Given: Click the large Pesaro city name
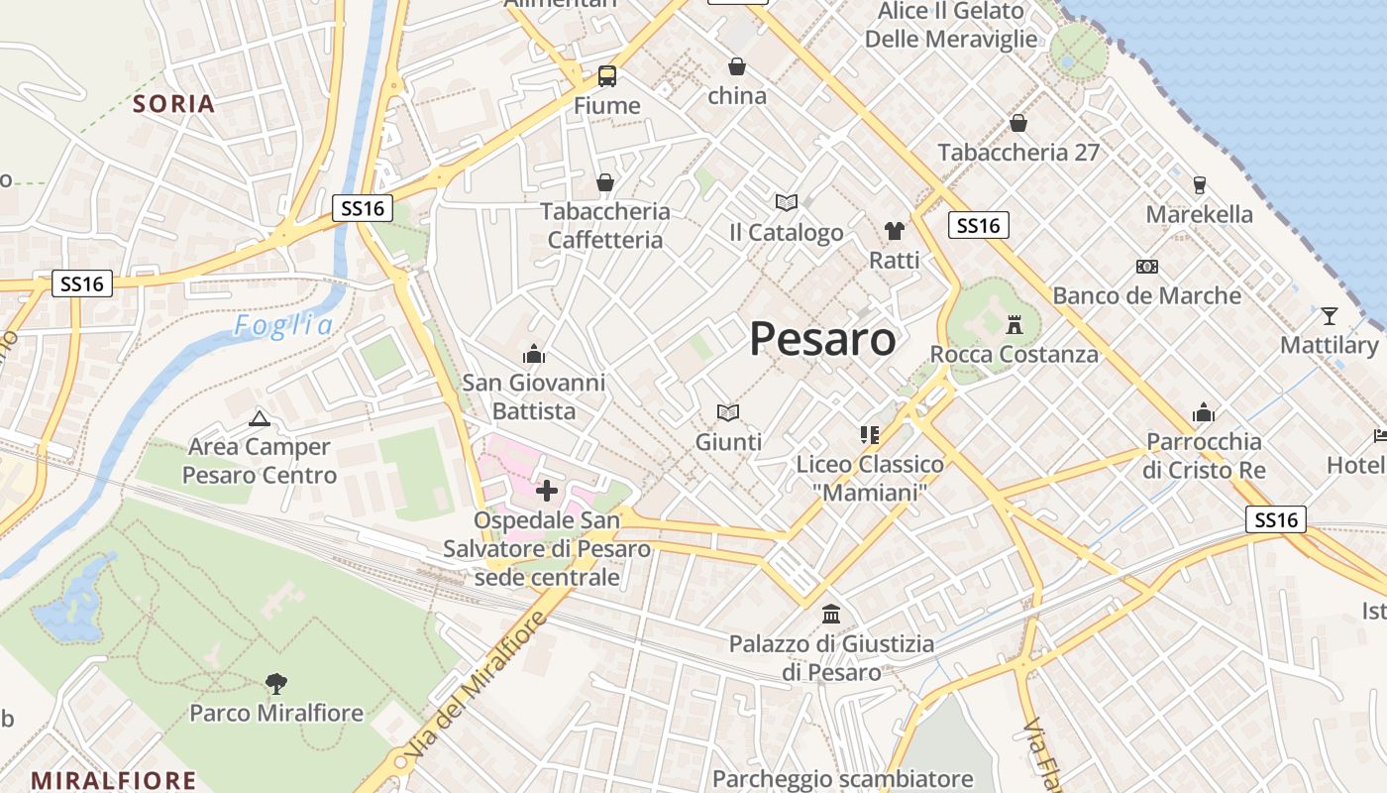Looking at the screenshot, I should tap(822, 339).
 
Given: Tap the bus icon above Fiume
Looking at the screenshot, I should tap(607, 75).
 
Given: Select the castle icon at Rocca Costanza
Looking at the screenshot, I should tap(1014, 324).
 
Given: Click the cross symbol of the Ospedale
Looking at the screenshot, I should tap(546, 490).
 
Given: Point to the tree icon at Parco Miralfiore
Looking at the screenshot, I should tap(276, 682).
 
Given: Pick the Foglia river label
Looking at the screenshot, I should tap(283, 325).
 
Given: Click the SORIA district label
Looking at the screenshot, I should tap(174, 104).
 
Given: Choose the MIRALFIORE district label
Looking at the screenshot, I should tap(114, 780).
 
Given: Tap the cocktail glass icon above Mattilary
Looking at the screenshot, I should tap(1329, 316).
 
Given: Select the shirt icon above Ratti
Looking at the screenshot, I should tap(895, 231).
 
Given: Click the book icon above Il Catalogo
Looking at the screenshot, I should tap(787, 202).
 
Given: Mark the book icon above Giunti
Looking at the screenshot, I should tap(728, 412).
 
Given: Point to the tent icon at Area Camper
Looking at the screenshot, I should tap(260, 418).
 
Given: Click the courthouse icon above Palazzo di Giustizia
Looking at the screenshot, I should tap(831, 615).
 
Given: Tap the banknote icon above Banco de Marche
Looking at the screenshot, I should tap(1147, 267).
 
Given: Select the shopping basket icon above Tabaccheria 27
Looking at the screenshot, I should tap(1018, 123).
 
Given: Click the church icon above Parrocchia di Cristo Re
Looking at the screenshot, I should tap(1204, 412).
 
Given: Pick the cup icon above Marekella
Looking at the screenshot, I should tap(1199, 184).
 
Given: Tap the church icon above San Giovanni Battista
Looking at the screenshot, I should tap(534, 354).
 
